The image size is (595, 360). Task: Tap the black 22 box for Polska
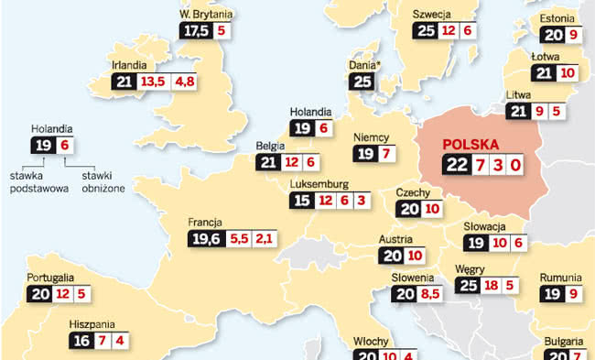tap(455, 166)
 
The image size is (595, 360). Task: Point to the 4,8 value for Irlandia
tap(185, 82)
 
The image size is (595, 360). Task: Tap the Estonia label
tap(557, 17)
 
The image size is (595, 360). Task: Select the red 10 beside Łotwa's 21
tap(568, 73)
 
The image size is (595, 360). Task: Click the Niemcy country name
tap(372, 136)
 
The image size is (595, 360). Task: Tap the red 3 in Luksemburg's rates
tap(362, 200)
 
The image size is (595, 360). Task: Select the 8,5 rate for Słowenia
tap(430, 295)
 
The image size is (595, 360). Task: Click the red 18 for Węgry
tap(491, 287)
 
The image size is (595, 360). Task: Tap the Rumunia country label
tap(559, 278)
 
